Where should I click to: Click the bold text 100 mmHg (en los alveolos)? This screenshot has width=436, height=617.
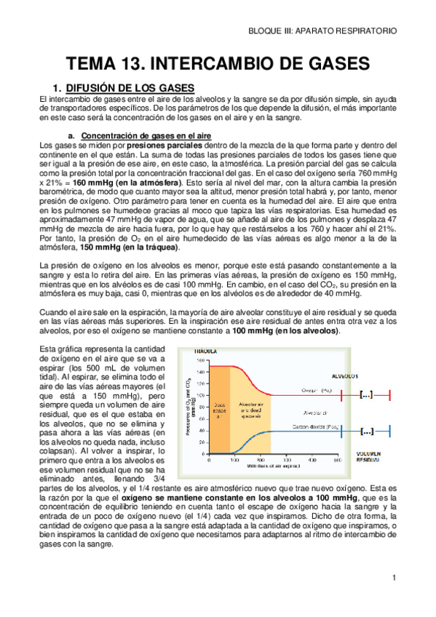pyautogui.click(x=285, y=331)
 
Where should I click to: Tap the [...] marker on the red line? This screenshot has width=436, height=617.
pyautogui.click(x=367, y=394)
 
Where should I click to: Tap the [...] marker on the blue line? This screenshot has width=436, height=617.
pyautogui.click(x=367, y=431)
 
